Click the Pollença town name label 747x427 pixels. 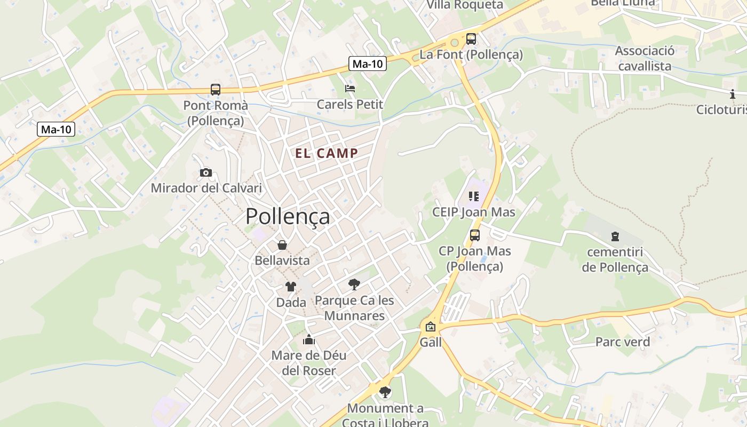[288, 217]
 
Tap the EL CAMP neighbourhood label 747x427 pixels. [327, 154]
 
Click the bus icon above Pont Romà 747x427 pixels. [216, 90]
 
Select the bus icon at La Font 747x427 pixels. [471, 38]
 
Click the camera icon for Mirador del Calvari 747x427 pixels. [205, 172]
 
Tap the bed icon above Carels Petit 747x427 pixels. [350, 88]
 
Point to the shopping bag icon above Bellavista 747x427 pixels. [282, 245]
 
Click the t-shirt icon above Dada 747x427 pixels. [290, 287]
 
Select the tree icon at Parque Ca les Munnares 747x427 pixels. [354, 284]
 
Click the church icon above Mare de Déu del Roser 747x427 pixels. [309, 339]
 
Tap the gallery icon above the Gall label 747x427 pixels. [431, 327]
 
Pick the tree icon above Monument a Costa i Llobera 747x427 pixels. [385, 392]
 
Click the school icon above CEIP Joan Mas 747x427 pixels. [474, 196]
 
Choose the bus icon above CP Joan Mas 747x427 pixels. [474, 235]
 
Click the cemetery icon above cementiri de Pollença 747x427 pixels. [615, 236]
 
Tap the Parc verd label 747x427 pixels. [623, 342]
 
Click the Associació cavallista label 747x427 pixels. [644, 58]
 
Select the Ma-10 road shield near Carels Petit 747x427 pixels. [368, 64]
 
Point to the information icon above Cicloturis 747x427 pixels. [733, 94]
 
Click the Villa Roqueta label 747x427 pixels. [465, 5]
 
